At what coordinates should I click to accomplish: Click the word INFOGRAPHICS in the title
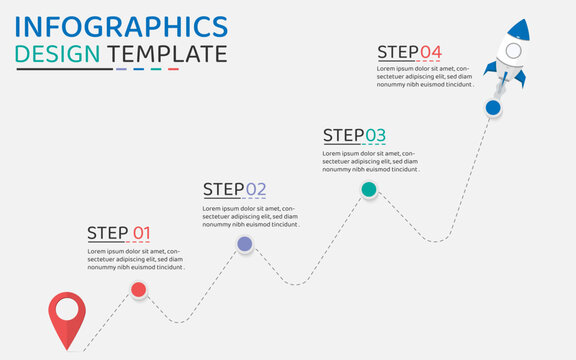pos(121,25)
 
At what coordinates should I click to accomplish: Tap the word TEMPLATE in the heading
pos(167,54)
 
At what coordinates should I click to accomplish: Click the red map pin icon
pos(67,311)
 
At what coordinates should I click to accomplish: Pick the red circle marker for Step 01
pos(139,290)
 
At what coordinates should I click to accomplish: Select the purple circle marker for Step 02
pos(244,243)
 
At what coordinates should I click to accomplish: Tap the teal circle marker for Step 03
pos(368,189)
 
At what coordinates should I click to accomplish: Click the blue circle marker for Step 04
pos(493,107)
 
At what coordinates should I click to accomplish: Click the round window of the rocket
pos(513,50)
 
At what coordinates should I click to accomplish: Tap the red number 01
pos(141,234)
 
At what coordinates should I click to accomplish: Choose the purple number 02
pos(256,189)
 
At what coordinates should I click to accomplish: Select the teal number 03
pos(375,135)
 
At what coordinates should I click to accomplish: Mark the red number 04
pos(430,52)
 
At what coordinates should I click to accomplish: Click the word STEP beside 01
pos(107,234)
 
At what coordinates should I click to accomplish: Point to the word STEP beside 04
pos(397,52)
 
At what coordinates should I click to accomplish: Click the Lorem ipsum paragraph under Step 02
pos(251,216)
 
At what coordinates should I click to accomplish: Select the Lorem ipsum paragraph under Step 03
pos(370,161)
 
